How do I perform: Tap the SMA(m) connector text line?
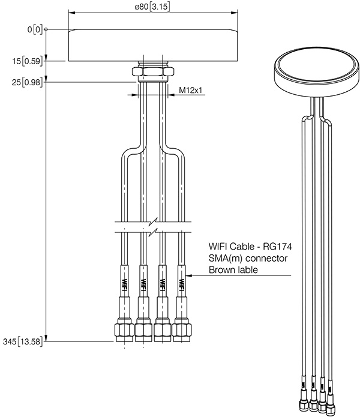click(x=248, y=258)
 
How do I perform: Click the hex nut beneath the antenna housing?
click(x=153, y=72)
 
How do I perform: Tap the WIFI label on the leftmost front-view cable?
click(x=124, y=281)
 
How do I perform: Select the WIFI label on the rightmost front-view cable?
click(x=181, y=281)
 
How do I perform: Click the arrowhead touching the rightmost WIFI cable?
click(x=190, y=276)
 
